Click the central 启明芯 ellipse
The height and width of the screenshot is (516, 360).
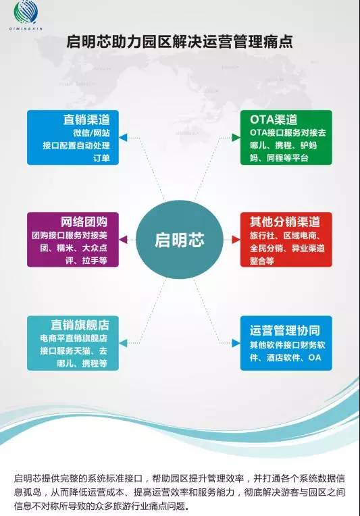click(x=180, y=240)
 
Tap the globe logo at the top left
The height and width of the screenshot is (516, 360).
click(x=26, y=13)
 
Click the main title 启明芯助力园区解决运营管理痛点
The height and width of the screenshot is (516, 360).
click(x=180, y=42)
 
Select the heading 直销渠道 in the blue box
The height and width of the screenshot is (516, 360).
click(x=86, y=120)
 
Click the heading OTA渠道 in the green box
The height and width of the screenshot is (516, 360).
click(x=274, y=120)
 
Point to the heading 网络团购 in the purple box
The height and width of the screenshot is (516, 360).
click(x=84, y=222)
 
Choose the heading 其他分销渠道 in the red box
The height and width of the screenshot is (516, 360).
click(x=284, y=222)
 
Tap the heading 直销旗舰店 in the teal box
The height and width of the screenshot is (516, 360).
click(x=80, y=325)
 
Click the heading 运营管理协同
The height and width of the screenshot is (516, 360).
click(x=284, y=330)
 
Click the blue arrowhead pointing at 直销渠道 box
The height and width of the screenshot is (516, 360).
click(x=123, y=137)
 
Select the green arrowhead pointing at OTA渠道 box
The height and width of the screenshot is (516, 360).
click(x=236, y=137)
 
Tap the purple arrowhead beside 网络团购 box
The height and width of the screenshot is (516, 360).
click(x=123, y=240)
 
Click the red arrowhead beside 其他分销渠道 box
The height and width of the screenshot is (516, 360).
click(x=236, y=240)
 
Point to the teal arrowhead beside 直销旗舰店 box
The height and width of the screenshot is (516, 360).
click(x=123, y=343)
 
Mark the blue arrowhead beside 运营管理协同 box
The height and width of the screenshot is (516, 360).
click(x=236, y=343)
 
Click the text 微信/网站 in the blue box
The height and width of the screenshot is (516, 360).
click(x=91, y=132)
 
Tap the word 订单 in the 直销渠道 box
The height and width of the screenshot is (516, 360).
click(x=101, y=158)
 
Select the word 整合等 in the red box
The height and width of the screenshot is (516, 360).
click(x=262, y=261)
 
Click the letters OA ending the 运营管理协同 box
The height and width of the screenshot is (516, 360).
click(x=315, y=357)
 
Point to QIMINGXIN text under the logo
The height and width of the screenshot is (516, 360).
click(x=26, y=29)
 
